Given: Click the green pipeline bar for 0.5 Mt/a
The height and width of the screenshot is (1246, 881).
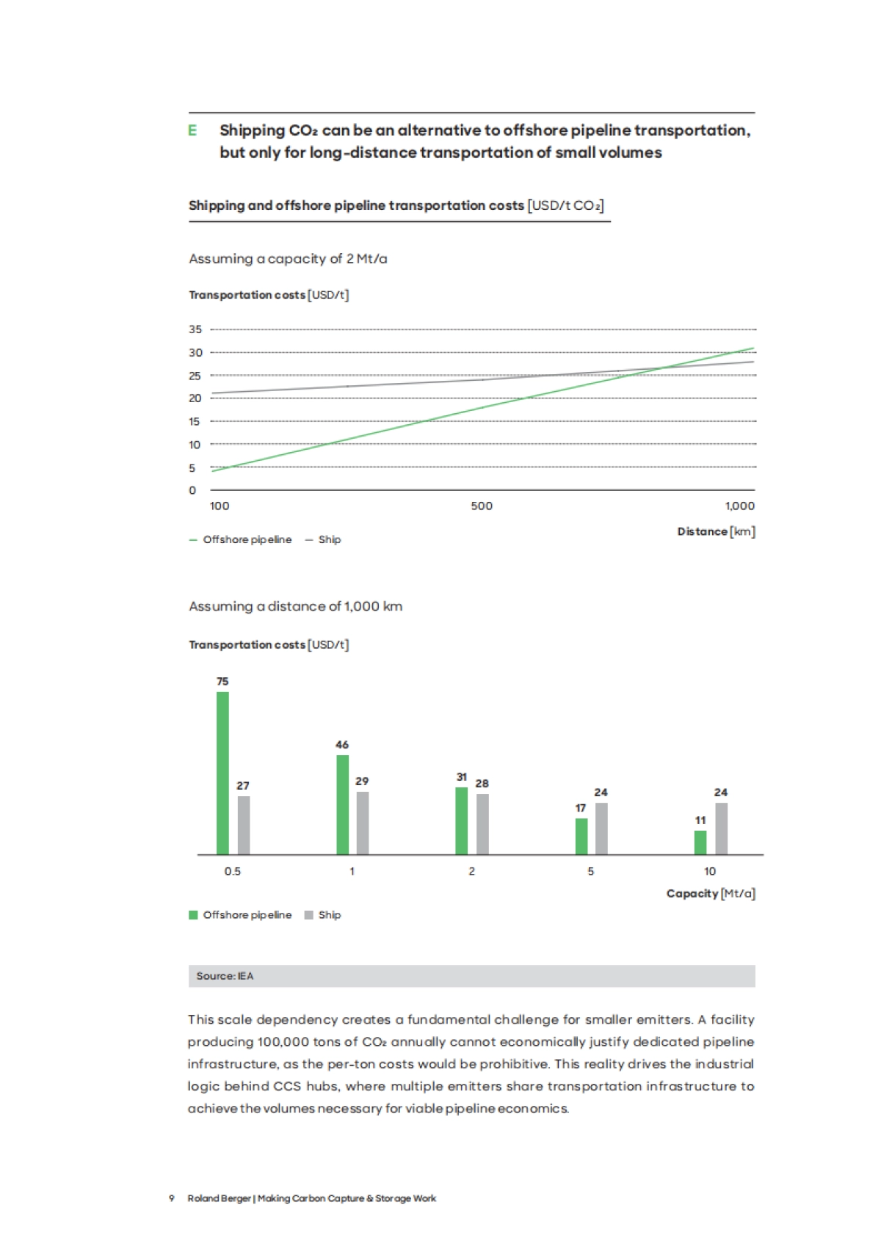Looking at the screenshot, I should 222,773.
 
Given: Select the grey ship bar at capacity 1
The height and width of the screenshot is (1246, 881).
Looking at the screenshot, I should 363,823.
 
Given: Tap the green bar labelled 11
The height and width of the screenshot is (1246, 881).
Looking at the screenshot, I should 700,842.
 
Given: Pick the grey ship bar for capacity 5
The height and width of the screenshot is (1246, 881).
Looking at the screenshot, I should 601,828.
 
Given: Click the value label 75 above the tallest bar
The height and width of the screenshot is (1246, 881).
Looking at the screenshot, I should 222,682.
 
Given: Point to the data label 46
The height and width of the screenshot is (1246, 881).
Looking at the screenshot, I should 342,745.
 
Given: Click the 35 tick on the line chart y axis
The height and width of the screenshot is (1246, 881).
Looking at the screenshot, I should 195,329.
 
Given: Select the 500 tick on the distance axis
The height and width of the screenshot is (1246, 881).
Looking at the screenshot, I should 482,506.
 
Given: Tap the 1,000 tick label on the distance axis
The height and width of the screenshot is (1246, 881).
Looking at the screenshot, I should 739,506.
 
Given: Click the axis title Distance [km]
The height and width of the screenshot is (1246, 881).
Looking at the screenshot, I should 716,531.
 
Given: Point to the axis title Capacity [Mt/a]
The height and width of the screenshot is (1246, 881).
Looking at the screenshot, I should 710,893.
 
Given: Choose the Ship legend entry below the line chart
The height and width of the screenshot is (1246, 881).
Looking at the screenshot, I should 324,539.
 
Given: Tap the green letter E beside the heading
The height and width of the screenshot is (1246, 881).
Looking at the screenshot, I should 192,131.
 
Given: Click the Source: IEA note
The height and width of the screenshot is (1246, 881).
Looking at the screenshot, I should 225,976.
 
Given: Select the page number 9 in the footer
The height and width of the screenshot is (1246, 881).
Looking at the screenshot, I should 172,1198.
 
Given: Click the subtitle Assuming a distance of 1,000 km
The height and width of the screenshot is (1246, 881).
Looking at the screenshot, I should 295,606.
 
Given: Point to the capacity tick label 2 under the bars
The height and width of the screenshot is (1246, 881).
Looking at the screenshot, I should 471,871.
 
